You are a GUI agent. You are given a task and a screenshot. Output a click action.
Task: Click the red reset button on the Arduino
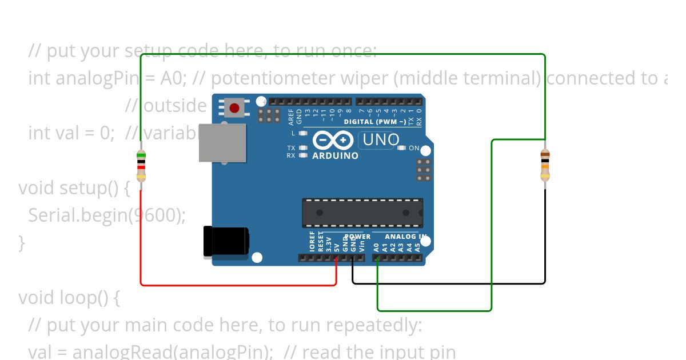click(x=234, y=107)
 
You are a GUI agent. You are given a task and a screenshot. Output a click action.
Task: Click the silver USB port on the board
click(x=222, y=142)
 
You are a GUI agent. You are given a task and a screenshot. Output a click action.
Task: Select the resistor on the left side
click(x=141, y=166)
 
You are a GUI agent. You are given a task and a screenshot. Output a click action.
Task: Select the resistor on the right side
click(x=545, y=165)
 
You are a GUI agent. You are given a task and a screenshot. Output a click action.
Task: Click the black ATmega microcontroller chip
click(x=362, y=213)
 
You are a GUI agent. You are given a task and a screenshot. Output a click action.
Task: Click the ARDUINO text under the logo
click(x=336, y=155)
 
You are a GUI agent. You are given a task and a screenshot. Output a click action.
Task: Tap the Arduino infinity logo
click(x=332, y=140)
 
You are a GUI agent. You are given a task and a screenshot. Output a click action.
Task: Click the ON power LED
click(x=401, y=148)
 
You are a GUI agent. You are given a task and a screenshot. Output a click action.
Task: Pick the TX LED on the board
click(x=304, y=148)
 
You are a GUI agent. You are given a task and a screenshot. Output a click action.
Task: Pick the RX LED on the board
click(x=304, y=155)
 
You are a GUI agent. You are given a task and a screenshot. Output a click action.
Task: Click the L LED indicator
click(x=304, y=133)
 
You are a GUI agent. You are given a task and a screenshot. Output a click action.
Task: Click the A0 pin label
click(x=376, y=247)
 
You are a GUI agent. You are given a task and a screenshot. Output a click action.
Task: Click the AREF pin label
click(x=291, y=117)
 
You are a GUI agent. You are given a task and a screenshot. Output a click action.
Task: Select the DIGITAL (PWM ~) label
click(x=374, y=122)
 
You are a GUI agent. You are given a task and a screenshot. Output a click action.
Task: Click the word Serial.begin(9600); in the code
click(x=107, y=215)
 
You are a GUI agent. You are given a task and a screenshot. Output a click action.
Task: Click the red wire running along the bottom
click(x=238, y=284)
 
